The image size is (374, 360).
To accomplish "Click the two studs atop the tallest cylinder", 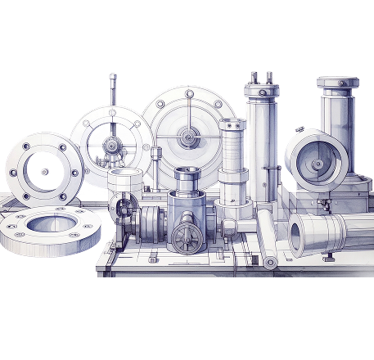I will click(x=260, y=77).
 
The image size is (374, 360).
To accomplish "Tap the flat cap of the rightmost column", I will click(x=338, y=82).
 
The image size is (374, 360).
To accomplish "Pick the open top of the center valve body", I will click(x=186, y=173).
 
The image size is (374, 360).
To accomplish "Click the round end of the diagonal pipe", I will click(x=270, y=263).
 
